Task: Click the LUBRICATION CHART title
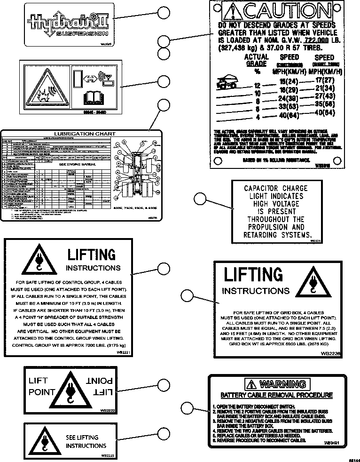85,134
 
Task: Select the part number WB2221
124,352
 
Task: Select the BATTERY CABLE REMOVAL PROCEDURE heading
277,395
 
